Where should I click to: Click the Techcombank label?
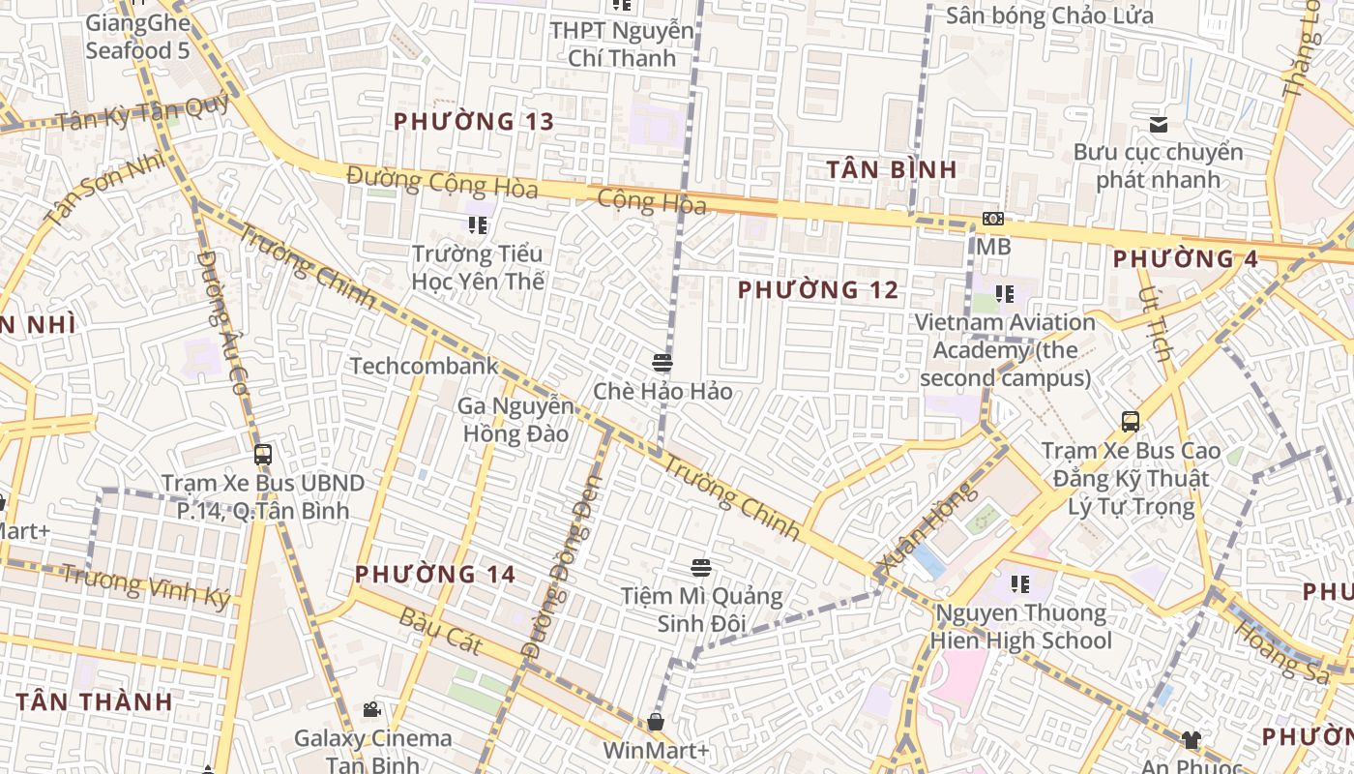pyautogui.click(x=424, y=366)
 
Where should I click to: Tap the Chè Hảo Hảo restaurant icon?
pyautogui.click(x=662, y=363)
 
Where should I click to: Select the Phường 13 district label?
pyautogui.click(x=474, y=122)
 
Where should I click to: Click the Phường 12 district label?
pyautogui.click(x=818, y=289)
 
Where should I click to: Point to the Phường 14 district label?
pyautogui.click(x=435, y=574)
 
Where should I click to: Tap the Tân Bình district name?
pyautogui.click(x=892, y=169)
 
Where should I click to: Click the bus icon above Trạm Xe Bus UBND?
pyautogui.click(x=262, y=454)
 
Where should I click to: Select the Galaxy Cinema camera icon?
pyautogui.click(x=371, y=710)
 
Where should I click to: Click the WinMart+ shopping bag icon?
pyautogui.click(x=656, y=722)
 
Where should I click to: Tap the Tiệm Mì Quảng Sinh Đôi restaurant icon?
pyautogui.click(x=701, y=568)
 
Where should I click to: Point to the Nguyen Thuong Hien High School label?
pyautogui.click(x=1020, y=626)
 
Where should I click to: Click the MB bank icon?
pyautogui.click(x=992, y=219)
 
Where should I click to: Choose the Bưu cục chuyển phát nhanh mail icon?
pyautogui.click(x=1158, y=125)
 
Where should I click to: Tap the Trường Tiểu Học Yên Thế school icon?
pyautogui.click(x=478, y=225)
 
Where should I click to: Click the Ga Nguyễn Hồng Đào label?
pyautogui.click(x=515, y=419)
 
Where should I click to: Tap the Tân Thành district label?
pyautogui.click(x=95, y=700)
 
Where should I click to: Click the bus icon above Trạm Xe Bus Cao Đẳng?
pyautogui.click(x=1130, y=421)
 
